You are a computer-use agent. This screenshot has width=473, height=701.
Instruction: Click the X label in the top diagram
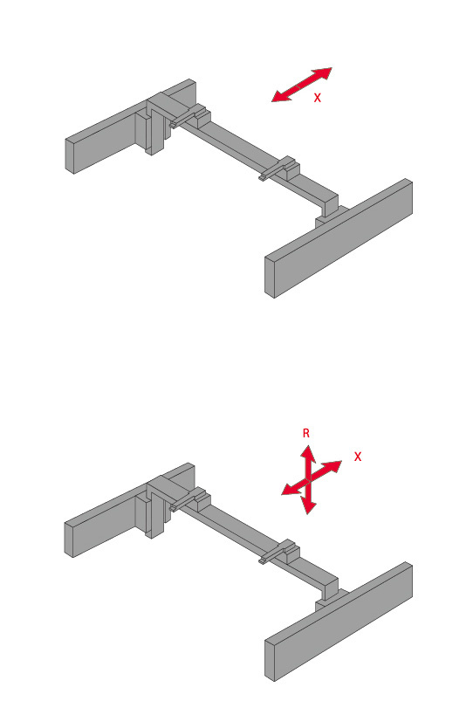pyautogui.click(x=317, y=98)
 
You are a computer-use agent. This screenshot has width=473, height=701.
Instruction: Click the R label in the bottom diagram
pyautogui.click(x=306, y=433)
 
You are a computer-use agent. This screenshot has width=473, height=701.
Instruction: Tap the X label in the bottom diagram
pyautogui.click(x=358, y=457)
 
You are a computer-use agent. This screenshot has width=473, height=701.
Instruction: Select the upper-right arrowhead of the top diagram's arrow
pyautogui.click(x=323, y=72)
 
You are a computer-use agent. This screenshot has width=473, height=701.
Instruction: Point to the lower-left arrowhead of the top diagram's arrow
pyautogui.click(x=281, y=96)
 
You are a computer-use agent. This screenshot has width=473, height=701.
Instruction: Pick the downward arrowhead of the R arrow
pyautogui.click(x=308, y=505)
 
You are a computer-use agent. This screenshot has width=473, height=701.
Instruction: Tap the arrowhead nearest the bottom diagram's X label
pyautogui.click(x=333, y=467)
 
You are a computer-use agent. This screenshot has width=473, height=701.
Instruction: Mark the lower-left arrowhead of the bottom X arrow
pyautogui.click(x=291, y=489)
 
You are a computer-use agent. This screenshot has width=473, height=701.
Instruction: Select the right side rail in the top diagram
pyautogui.click(x=339, y=238)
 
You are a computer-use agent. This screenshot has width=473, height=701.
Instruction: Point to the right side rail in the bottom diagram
pyautogui.click(x=339, y=622)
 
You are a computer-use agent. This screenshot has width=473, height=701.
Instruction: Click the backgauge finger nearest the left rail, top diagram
pyautogui.click(x=182, y=119)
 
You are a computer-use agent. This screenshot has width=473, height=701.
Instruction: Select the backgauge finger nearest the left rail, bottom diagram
pyautogui.click(x=182, y=503)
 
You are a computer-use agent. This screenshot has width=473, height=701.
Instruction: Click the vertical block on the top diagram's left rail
pyautogui.click(x=154, y=127)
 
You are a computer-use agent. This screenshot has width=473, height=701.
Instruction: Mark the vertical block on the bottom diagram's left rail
pyautogui.click(x=154, y=511)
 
